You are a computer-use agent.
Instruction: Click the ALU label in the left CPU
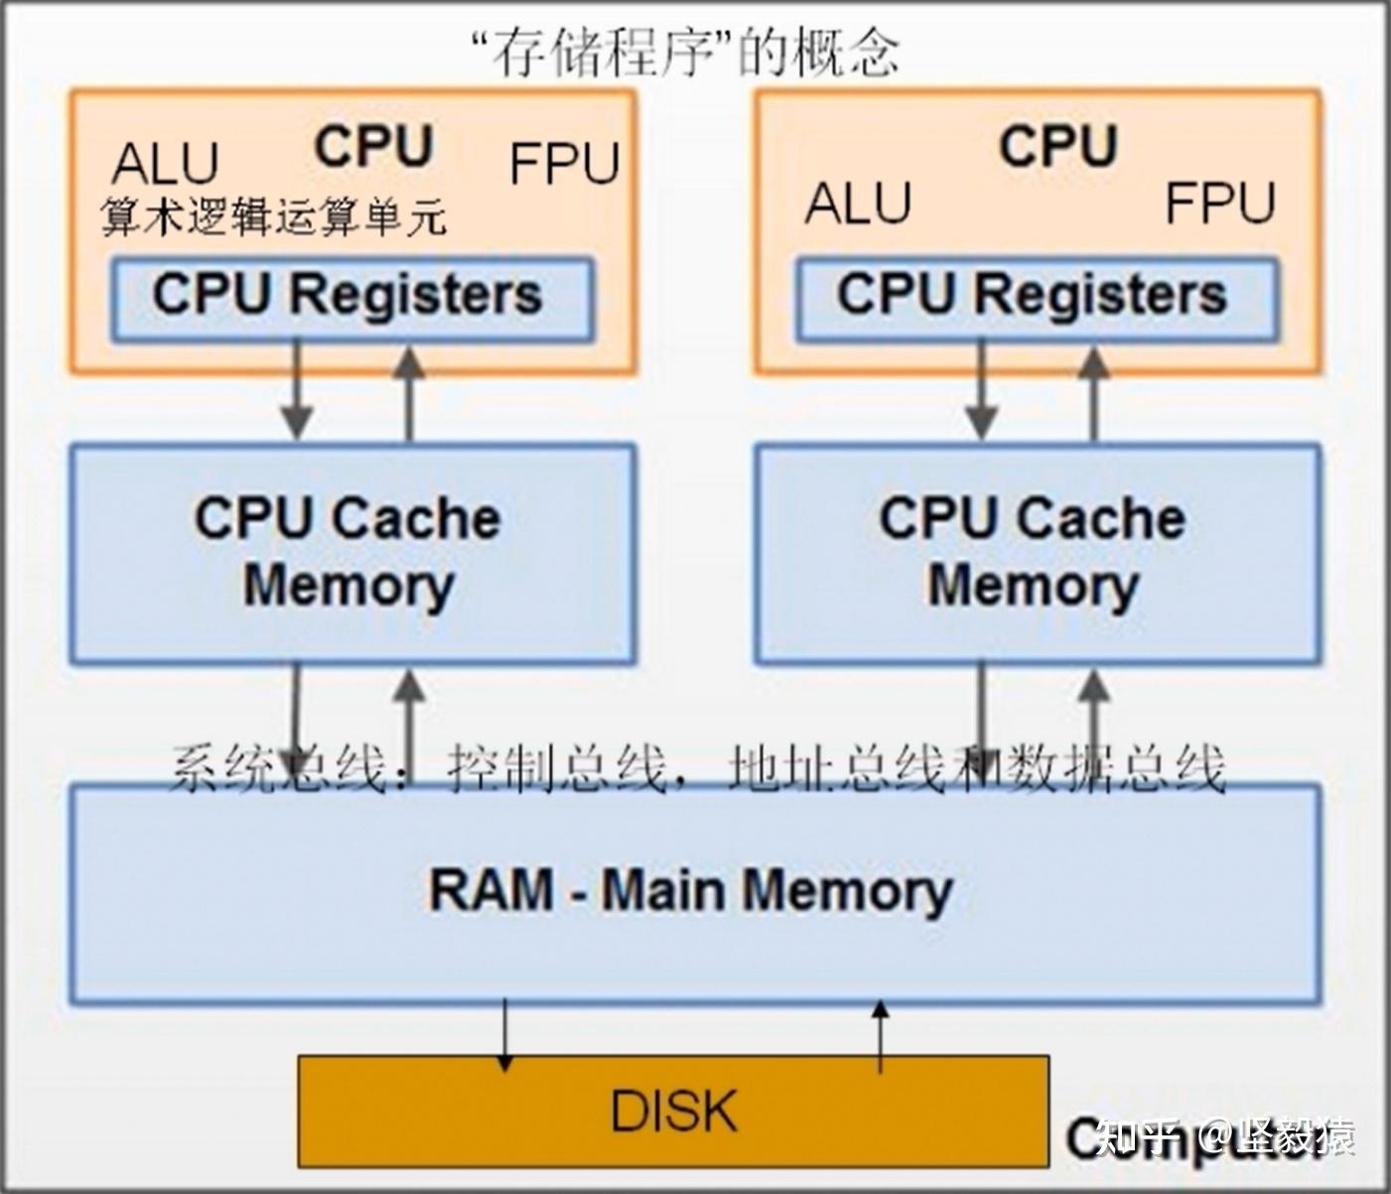[x=165, y=164]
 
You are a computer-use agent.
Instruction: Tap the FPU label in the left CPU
[x=564, y=164]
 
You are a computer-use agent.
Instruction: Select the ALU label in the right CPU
[x=858, y=203]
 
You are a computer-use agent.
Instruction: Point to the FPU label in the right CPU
[x=1219, y=203]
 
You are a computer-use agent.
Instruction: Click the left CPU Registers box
[x=351, y=298]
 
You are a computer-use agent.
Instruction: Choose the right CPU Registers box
[x=1036, y=298]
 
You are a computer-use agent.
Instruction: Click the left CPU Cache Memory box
[x=351, y=552]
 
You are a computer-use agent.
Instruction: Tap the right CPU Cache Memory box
[x=1036, y=552]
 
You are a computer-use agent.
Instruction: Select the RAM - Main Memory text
[x=691, y=890]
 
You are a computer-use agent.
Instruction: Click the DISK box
[x=673, y=1110]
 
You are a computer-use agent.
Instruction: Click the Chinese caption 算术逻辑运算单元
[x=274, y=216]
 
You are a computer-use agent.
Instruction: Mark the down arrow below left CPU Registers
[x=296, y=392]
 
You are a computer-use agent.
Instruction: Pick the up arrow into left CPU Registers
[x=409, y=392]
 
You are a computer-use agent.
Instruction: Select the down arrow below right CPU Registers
[x=981, y=392]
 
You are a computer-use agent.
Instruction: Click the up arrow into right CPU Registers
[x=1093, y=392]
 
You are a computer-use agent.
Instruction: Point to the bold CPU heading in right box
[x=1057, y=146]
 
